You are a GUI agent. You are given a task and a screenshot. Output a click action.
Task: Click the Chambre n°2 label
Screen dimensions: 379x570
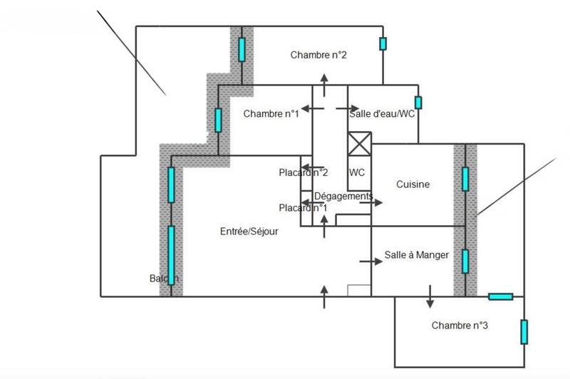[x=318, y=55]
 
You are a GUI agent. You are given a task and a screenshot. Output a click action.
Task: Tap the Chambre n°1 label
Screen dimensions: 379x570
[x=271, y=113]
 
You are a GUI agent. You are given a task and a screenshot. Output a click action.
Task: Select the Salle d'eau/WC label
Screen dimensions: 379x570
[x=382, y=113]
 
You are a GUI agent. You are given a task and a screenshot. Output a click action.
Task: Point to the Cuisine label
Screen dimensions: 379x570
[x=413, y=185]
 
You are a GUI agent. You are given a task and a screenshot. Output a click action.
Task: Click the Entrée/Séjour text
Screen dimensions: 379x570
[x=249, y=232]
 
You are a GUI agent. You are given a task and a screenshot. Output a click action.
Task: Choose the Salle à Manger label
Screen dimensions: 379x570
[x=417, y=255]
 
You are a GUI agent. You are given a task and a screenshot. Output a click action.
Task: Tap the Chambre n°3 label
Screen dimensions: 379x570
[x=460, y=326]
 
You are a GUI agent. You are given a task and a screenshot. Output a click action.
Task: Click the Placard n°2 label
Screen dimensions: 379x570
[x=303, y=172]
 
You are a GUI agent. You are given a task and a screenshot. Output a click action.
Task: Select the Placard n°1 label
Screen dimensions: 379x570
[x=303, y=207]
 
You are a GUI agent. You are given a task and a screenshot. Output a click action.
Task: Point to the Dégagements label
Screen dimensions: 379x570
[x=343, y=196]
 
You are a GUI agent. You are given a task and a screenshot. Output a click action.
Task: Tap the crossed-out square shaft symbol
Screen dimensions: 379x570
[x=359, y=144]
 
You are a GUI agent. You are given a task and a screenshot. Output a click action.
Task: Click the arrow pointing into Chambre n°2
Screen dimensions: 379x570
[x=324, y=87]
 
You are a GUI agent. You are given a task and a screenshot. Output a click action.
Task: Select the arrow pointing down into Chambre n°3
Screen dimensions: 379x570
[x=430, y=297]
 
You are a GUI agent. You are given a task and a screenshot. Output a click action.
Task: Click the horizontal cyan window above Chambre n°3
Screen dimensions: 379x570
[x=500, y=296]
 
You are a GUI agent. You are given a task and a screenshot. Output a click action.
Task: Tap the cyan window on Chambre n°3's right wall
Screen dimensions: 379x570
[x=524, y=331]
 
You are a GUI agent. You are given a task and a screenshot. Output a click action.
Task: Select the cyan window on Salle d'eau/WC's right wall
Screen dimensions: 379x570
[x=418, y=103]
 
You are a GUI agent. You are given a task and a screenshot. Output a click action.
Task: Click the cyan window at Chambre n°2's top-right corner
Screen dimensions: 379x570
[x=383, y=43]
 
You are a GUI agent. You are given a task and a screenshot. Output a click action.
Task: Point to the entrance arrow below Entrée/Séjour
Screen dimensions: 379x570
[x=325, y=296]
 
